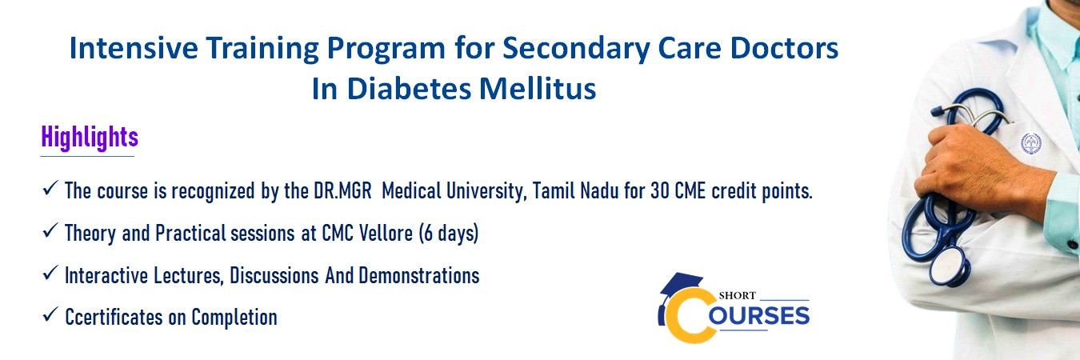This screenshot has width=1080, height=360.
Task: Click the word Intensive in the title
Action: click(134, 48)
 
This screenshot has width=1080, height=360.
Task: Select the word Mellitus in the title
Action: click(538, 89)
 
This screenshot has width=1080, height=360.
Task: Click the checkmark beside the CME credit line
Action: click(50, 188)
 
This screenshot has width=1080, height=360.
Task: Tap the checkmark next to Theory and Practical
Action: click(50, 230)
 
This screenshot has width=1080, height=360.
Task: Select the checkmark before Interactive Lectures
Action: click(50, 273)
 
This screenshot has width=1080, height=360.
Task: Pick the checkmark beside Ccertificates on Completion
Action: click(50, 314)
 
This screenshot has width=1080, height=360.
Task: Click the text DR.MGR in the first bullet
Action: click(343, 191)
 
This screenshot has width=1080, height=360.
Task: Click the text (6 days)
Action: click(448, 234)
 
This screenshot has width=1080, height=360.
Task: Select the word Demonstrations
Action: click(419, 276)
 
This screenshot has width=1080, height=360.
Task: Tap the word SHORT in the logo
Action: click(737, 295)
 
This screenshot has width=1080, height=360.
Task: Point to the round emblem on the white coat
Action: click(1030, 143)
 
